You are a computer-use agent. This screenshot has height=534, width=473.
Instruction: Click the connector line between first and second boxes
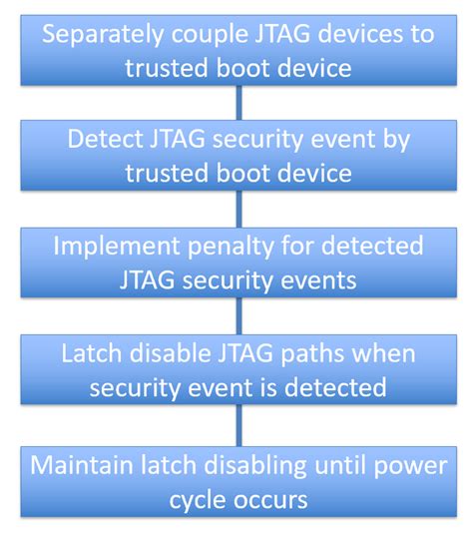click(237, 102)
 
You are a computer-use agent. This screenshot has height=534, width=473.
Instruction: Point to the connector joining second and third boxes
click(237, 209)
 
